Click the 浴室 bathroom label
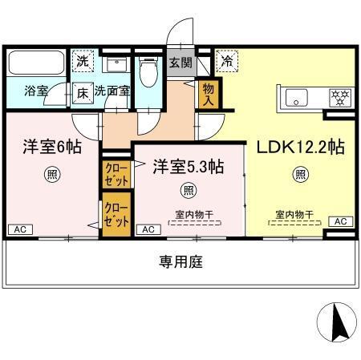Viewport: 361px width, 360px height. pos(34,91)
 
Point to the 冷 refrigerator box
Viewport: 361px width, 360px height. pos(227,60)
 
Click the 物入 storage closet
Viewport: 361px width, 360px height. pos(208,92)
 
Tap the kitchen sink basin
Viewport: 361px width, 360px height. pos(295,99)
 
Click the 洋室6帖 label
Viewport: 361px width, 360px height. pos(51,148)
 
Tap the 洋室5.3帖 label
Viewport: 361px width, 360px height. pos(188,166)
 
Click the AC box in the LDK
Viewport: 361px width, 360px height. pos(340,221)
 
